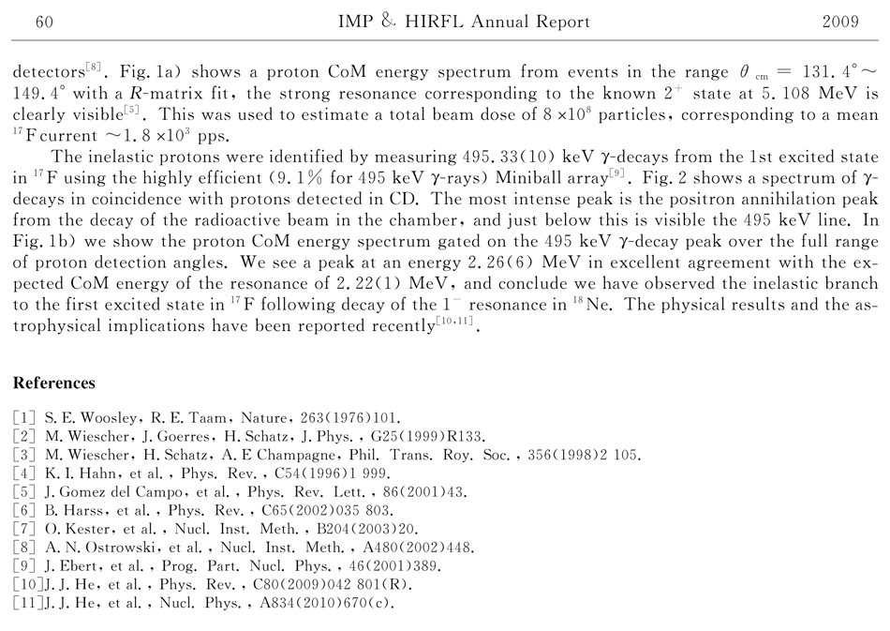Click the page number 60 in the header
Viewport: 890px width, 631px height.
[x=43, y=22]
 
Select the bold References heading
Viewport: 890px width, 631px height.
[x=54, y=383]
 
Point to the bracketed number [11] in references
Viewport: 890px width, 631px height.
[x=27, y=603]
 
